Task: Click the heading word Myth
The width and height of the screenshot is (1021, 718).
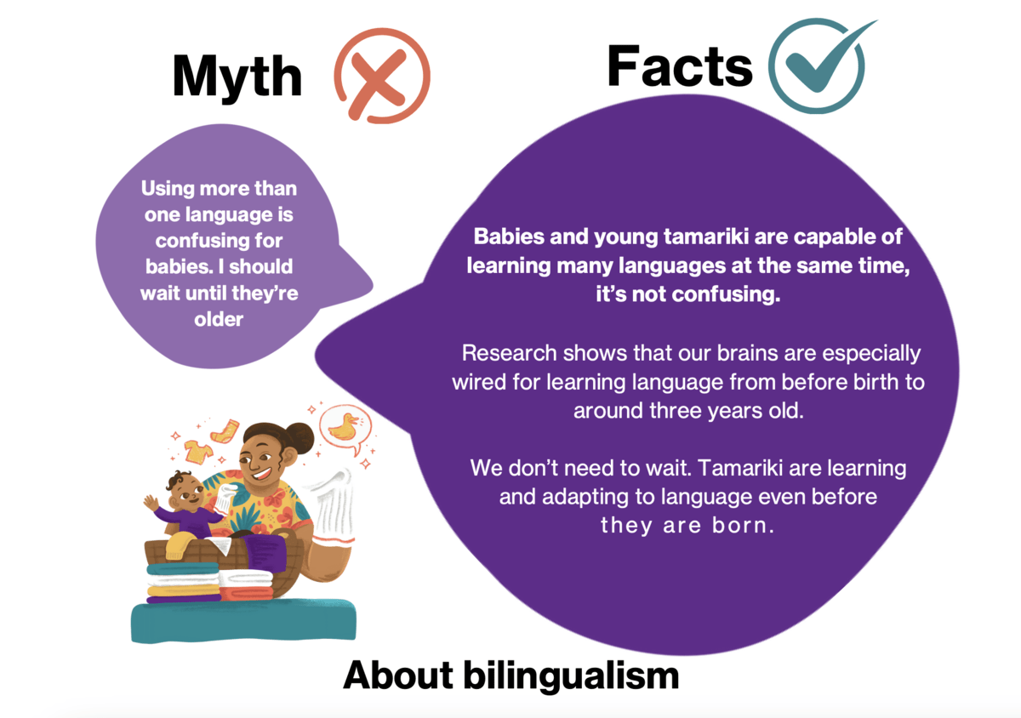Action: (x=237, y=77)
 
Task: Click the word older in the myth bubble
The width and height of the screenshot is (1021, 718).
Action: (x=219, y=321)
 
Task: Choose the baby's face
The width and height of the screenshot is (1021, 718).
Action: (x=187, y=493)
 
